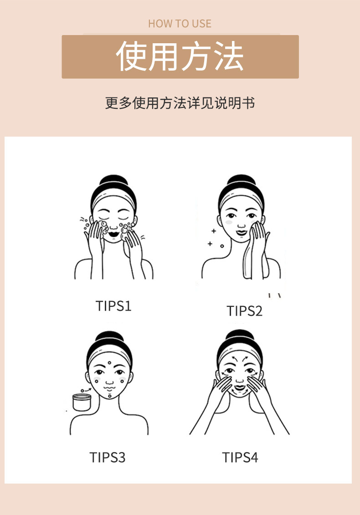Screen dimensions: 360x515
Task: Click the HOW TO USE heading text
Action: (x=180, y=24)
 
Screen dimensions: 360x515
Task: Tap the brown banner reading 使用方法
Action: (x=180, y=56)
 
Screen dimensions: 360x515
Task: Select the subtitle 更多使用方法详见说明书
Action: (x=180, y=103)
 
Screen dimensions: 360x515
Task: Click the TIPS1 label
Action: (x=113, y=306)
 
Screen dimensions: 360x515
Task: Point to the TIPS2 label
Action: (x=245, y=311)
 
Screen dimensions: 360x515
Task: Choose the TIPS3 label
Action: (x=108, y=457)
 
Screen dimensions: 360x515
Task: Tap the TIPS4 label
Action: (x=240, y=457)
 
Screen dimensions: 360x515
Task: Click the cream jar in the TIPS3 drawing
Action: (x=82, y=402)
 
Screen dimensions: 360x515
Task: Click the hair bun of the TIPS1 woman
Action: (x=113, y=180)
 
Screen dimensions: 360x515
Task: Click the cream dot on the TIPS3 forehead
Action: (x=109, y=363)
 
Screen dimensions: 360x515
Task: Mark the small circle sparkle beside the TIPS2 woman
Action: (x=222, y=246)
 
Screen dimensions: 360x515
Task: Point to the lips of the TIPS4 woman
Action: (x=240, y=388)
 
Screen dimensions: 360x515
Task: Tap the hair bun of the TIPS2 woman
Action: (x=242, y=180)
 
